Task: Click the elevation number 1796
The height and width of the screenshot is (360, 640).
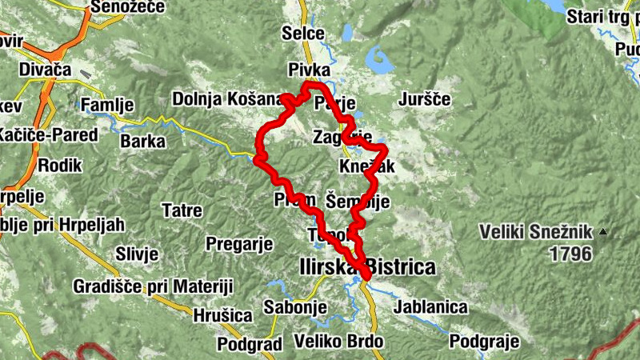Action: (x=570, y=254)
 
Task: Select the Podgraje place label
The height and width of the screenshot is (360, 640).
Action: (x=485, y=342)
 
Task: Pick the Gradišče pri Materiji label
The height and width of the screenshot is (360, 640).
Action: (x=153, y=286)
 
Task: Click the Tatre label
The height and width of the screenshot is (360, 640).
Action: (x=182, y=211)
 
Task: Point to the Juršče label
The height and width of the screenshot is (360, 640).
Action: (x=425, y=100)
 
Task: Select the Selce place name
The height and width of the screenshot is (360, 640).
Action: (x=303, y=34)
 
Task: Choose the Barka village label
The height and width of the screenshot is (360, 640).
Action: (x=142, y=142)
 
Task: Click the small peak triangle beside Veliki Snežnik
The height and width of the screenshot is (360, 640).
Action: (x=602, y=233)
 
